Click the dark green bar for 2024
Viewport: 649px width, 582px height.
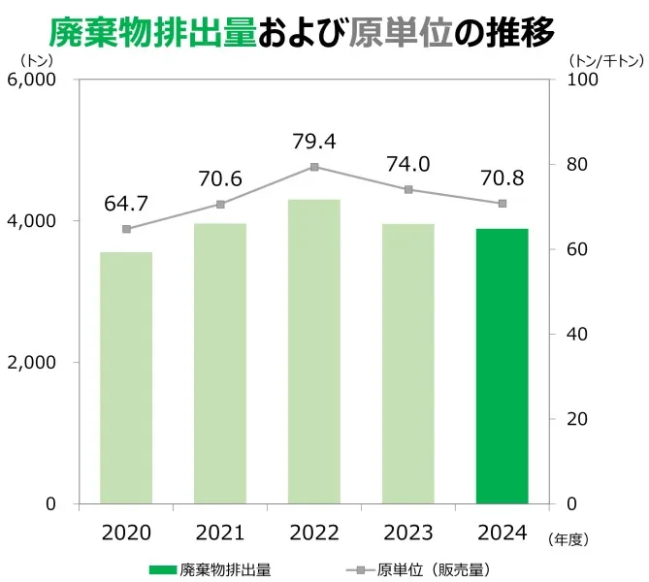[502, 366]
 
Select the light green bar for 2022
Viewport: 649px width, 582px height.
[314, 351]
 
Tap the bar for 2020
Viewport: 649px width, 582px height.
[126, 377]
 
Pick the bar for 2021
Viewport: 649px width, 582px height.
[220, 363]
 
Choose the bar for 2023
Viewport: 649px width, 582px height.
[407, 363]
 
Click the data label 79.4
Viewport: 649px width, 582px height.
[314, 142]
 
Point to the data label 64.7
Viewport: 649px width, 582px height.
[126, 204]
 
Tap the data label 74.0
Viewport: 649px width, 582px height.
[407, 165]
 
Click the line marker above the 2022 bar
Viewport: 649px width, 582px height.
[314, 167]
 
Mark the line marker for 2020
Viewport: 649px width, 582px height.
[126, 229]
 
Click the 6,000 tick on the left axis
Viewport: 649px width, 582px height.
[33, 80]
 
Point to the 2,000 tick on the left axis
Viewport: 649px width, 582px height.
[33, 362]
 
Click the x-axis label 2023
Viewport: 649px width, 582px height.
[407, 533]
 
